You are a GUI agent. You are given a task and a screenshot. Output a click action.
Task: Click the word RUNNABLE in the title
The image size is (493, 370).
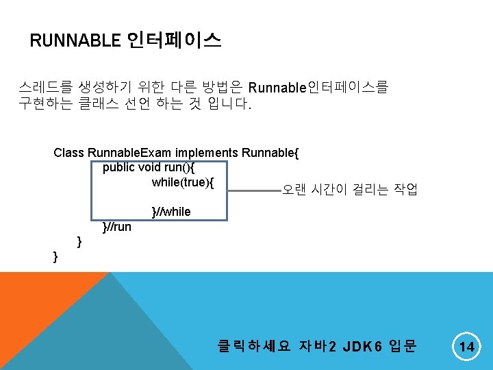(x=75, y=41)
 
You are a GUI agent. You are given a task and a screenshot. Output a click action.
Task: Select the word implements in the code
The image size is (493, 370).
(x=201, y=153)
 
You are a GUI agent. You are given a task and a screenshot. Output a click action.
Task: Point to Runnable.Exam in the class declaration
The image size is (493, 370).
(x=129, y=153)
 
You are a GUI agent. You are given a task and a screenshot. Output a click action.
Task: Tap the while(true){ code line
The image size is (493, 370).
(x=183, y=182)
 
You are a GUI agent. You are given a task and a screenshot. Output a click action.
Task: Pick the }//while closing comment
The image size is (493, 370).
(x=170, y=212)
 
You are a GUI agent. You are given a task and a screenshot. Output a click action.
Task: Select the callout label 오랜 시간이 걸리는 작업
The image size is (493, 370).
(x=350, y=189)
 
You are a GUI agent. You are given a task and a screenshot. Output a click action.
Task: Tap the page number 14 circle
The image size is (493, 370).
(x=466, y=347)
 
